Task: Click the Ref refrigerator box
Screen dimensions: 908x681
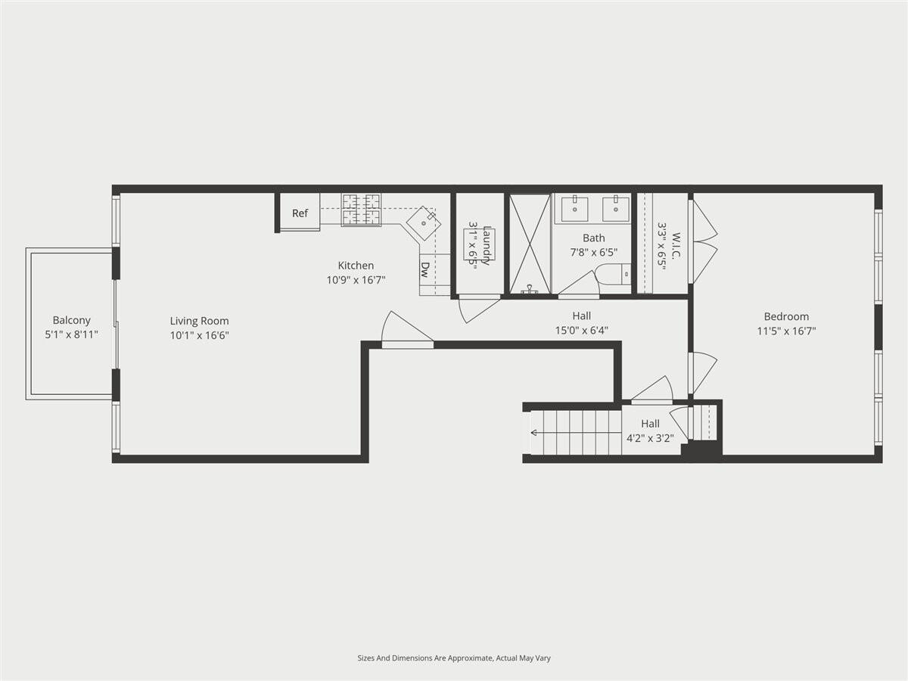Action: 300,213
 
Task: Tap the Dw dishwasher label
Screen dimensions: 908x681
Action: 424,269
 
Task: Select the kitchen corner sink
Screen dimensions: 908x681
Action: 424,223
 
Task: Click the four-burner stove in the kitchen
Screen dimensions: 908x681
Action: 361,210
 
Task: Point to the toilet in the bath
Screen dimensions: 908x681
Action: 613,274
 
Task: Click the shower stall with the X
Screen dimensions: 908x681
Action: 530,244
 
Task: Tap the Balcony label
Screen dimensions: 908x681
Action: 72,320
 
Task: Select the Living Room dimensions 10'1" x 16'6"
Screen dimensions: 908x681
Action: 200,335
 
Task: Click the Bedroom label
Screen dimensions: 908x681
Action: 786,317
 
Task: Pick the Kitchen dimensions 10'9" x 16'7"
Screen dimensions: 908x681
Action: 356,280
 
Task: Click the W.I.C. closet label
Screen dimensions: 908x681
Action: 676,246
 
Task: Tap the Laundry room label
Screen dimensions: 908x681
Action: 487,245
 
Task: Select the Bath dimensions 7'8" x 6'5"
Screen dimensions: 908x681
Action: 594,252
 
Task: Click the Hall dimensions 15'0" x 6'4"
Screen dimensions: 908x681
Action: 582,331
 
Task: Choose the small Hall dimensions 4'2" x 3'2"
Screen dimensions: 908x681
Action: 650,438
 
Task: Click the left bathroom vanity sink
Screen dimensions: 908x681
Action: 574,209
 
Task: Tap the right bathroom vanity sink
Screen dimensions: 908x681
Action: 615,209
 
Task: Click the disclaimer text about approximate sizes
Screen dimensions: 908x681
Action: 454,658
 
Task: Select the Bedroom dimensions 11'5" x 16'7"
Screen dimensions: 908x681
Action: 786,331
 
